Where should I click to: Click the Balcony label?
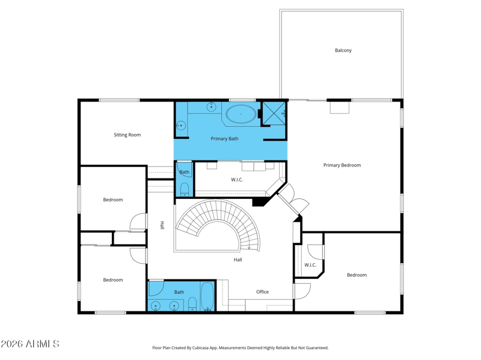pyautogui.click(x=343, y=50)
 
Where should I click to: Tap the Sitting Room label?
pyautogui.click(x=127, y=135)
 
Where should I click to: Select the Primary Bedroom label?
pyautogui.click(x=342, y=165)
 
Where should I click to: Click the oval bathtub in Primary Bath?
pyautogui.click(x=241, y=114)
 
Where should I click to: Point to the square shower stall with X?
pyautogui.click(x=274, y=114)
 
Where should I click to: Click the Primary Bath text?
pyautogui.click(x=224, y=139)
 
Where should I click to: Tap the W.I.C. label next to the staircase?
pyautogui.click(x=237, y=180)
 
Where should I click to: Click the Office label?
pyautogui.click(x=263, y=292)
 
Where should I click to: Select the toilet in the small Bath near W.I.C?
pyautogui.click(x=185, y=190)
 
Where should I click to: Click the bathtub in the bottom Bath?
pyautogui.click(x=207, y=296)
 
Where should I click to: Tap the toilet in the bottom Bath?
pyautogui.click(x=192, y=304)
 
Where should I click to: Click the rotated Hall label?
pyautogui.click(x=162, y=225)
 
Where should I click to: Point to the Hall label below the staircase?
pyautogui.click(x=237, y=260)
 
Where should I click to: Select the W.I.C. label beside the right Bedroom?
pyautogui.click(x=310, y=265)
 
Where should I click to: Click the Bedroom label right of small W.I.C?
pyautogui.click(x=357, y=275)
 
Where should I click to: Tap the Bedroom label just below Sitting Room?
pyautogui.click(x=113, y=200)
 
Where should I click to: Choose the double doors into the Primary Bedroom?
pyautogui.click(x=293, y=200)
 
